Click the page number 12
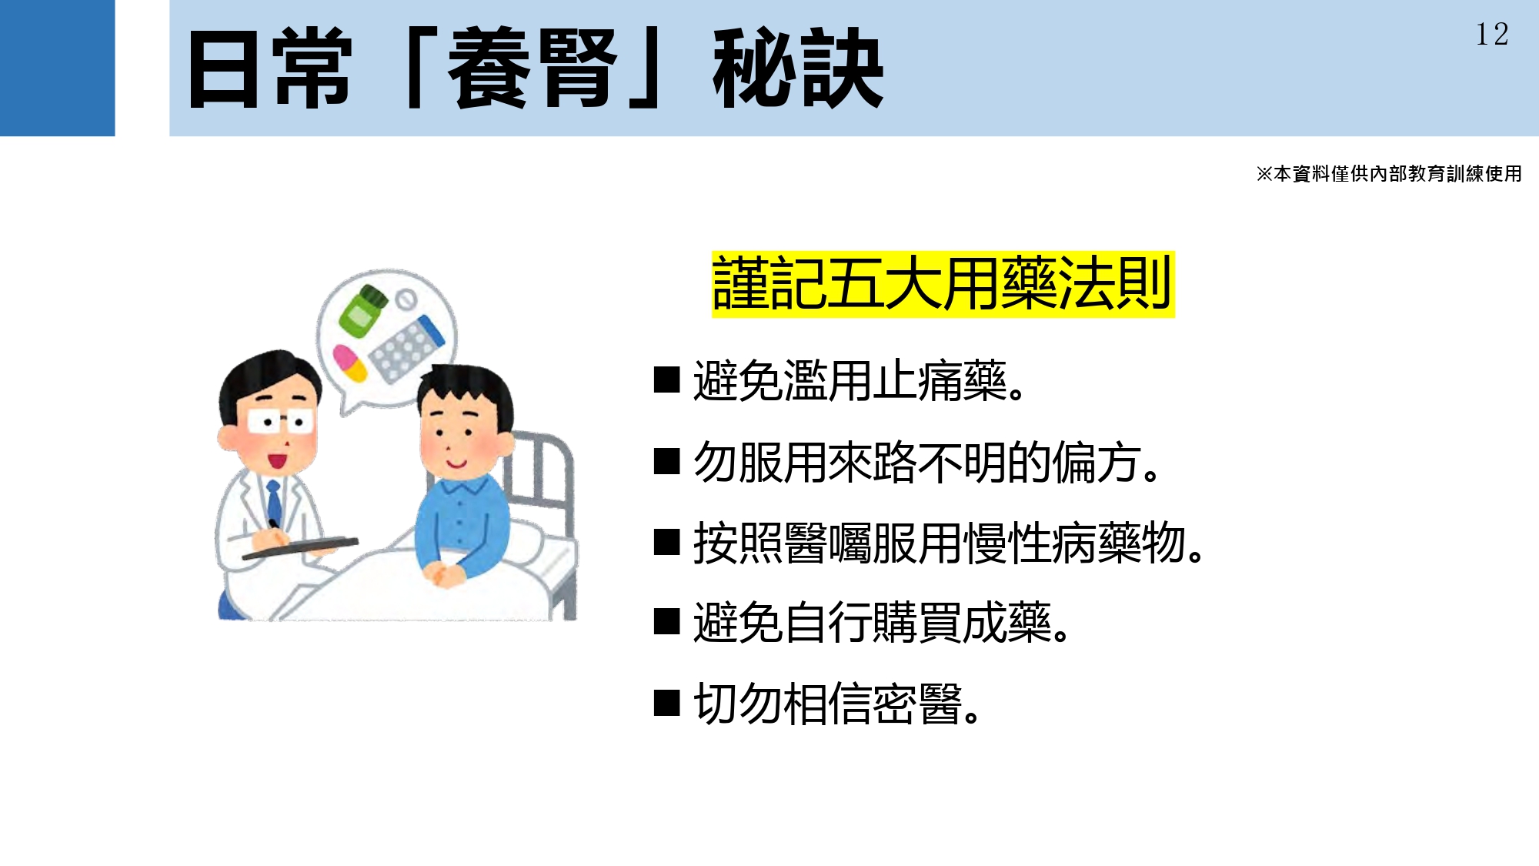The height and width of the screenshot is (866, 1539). coord(1491,34)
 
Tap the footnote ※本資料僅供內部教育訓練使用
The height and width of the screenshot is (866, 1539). coord(1389,174)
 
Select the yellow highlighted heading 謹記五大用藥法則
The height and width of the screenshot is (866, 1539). coord(943,284)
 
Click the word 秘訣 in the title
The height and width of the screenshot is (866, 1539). coord(798,69)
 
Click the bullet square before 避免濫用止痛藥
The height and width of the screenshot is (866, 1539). coord(666,380)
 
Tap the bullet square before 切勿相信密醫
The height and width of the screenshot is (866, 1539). coord(666,703)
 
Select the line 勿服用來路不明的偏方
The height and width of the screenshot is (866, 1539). coord(926,463)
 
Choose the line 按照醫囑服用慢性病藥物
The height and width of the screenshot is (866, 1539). coord(949,543)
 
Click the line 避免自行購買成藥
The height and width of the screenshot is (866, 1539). coord(882,623)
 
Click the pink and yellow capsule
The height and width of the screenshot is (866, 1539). coord(350,363)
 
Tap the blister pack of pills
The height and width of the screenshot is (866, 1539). coord(406,347)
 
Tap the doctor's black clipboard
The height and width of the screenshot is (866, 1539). coord(300,547)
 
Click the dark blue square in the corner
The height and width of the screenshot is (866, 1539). coord(57,68)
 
